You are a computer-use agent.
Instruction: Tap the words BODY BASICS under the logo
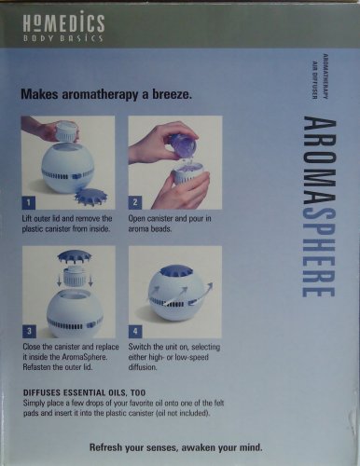pos(62,38)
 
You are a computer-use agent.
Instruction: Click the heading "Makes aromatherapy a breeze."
pos(106,94)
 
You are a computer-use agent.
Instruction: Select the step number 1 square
pos(29,203)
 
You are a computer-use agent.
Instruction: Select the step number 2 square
pos(135,202)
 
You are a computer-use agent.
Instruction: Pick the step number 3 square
pos(29,331)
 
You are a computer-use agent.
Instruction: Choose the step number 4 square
pos(135,332)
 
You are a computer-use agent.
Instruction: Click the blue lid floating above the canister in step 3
pos(75,256)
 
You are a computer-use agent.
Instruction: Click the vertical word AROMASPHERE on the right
pos(319,206)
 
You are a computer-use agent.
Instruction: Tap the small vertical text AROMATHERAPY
pos(325,76)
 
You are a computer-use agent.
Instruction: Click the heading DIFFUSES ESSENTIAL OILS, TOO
pos(84,392)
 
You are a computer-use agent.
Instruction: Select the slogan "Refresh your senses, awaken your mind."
pos(176,447)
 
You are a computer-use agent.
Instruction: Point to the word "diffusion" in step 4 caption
pos(142,367)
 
